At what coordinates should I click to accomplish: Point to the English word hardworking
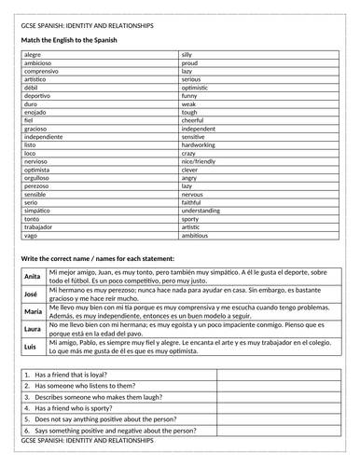coord(199,145)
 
